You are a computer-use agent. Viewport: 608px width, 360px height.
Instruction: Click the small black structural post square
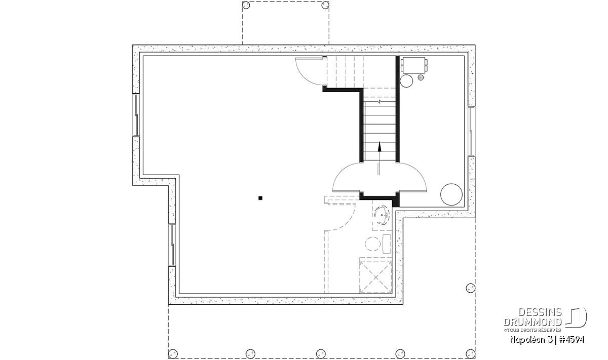click(260, 198)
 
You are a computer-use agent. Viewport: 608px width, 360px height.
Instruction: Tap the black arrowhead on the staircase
click(379, 146)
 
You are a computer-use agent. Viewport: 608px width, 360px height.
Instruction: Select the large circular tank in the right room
click(451, 194)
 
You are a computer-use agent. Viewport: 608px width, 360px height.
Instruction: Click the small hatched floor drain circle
click(421, 77)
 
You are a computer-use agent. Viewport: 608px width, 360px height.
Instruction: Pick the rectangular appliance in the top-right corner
click(413, 65)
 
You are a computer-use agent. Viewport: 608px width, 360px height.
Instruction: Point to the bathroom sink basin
click(382, 215)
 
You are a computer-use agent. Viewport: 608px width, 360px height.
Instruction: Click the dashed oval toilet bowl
click(372, 244)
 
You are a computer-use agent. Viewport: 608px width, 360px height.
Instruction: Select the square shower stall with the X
click(375, 277)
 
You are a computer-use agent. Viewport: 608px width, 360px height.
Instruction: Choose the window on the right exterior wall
click(472, 132)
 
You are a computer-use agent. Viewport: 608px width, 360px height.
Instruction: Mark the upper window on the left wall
click(136, 115)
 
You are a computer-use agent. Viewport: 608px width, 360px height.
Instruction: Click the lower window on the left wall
click(172, 245)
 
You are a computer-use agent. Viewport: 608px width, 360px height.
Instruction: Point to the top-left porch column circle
click(246, 5)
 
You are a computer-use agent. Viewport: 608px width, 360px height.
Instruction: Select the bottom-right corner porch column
click(471, 354)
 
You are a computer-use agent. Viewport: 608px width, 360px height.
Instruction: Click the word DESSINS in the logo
click(540, 312)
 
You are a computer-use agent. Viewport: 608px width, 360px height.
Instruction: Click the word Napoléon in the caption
click(527, 340)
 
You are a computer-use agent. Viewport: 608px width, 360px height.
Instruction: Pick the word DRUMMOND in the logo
click(533, 322)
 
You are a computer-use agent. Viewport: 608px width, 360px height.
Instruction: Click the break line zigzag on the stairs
click(379, 102)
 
